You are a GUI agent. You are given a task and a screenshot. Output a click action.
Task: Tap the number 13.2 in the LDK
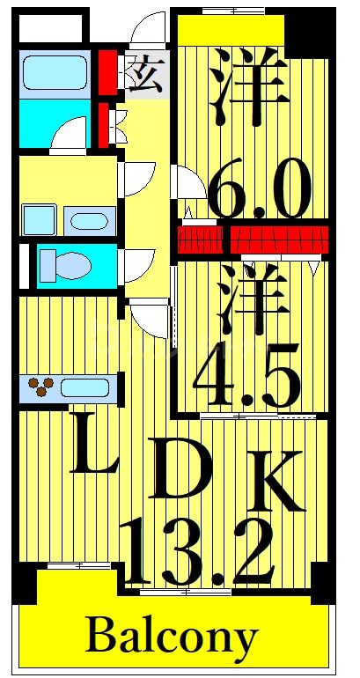[197, 551]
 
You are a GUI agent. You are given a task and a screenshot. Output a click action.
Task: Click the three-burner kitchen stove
[40, 386]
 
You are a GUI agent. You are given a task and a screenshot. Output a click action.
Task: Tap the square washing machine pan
[40, 219]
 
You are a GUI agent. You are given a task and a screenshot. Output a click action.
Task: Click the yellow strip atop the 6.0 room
[231, 32]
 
